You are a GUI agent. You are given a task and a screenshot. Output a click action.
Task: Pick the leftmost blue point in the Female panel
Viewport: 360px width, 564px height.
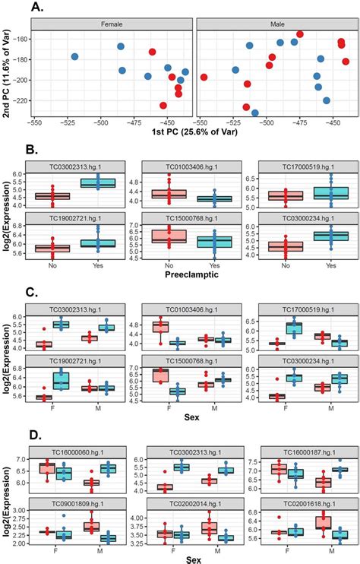74,57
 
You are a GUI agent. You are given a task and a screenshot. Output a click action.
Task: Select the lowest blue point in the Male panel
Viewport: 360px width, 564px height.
255,112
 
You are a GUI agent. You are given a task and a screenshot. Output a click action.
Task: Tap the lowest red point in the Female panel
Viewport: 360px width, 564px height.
163,106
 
